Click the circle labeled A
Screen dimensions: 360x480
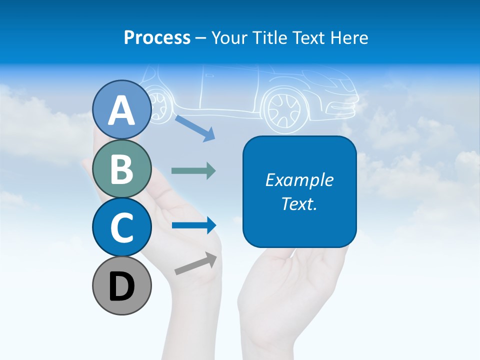tap(121, 110)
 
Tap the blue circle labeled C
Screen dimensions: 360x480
tap(121, 227)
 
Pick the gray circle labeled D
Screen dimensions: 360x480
tap(121, 285)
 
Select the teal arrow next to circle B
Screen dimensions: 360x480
tap(193, 170)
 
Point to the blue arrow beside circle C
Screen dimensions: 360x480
tap(193, 225)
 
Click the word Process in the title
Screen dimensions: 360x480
tap(157, 37)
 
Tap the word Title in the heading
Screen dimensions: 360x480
tap(272, 37)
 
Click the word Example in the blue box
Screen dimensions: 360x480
tap(299, 180)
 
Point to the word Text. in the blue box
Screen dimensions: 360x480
tap(299, 203)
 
